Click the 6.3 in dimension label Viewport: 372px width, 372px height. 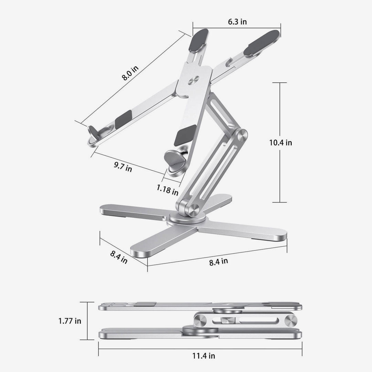click(237, 22)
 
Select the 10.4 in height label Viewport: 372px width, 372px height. click(280, 142)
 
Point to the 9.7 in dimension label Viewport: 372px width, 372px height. click(123, 168)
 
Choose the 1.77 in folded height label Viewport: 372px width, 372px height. click(70, 321)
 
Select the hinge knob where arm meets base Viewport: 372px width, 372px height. click(194, 210)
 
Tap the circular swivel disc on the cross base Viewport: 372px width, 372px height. click(188, 219)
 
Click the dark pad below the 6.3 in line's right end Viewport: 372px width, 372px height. click(261, 43)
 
